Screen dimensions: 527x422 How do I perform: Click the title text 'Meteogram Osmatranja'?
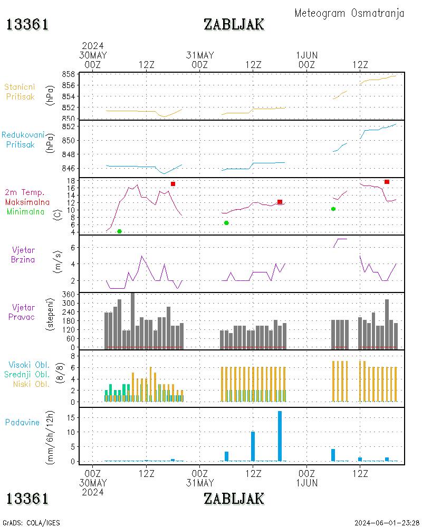pyautogui.click(x=349, y=13)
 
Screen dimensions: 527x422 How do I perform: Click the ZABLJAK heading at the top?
pyautogui.click(x=234, y=24)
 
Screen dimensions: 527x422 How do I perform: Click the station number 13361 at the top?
pyautogui.click(x=27, y=24)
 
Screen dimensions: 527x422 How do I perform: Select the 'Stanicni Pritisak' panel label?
pyautogui.click(x=21, y=92)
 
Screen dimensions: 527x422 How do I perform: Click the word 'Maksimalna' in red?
pyautogui.click(x=27, y=202)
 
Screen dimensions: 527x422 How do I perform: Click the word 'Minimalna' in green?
pyautogui.click(x=26, y=212)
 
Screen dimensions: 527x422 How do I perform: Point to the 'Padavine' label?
pyautogui.click(x=22, y=422)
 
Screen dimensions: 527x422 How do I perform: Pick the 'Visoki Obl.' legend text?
pyautogui.click(x=27, y=365)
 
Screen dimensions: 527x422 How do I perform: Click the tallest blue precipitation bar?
pyautogui.click(x=280, y=435)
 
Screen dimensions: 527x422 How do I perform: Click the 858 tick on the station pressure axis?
pyautogui.click(x=68, y=74)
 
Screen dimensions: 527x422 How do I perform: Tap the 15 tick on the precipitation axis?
pyautogui.click(x=72, y=417)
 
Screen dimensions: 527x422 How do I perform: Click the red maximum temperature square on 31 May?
pyautogui.click(x=280, y=202)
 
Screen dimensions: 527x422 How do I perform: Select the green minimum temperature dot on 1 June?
pyautogui.click(x=333, y=209)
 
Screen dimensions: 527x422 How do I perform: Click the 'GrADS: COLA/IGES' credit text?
pyautogui.click(x=31, y=523)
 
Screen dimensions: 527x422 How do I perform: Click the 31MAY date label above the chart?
pyautogui.click(x=200, y=55)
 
